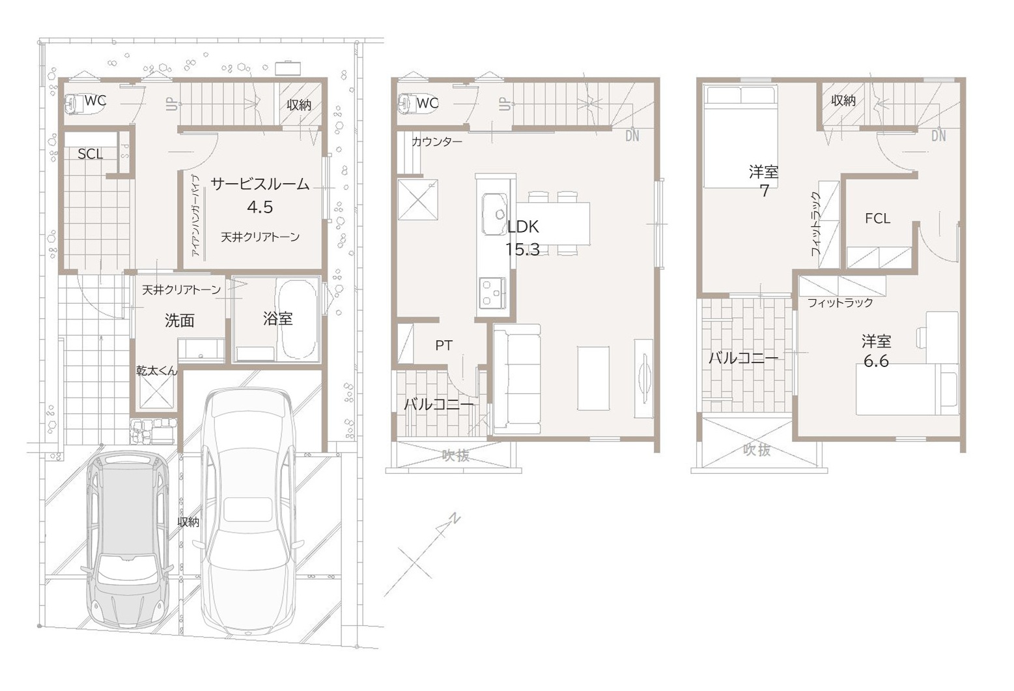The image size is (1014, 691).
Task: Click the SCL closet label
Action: click(x=90, y=154)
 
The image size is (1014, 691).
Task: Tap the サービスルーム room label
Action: click(x=260, y=184)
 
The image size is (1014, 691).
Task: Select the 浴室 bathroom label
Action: click(x=277, y=319)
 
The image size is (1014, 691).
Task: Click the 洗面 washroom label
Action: click(x=179, y=320)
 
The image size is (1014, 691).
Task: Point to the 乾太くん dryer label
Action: click(x=157, y=371)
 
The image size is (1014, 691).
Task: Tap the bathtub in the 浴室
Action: click(x=297, y=319)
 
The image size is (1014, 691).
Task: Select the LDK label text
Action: click(x=523, y=227)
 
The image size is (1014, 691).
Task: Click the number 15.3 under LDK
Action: click(x=522, y=249)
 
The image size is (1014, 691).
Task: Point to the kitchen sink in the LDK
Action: click(x=495, y=214)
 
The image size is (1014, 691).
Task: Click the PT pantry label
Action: click(x=444, y=345)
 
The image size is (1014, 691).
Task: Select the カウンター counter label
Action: click(x=437, y=142)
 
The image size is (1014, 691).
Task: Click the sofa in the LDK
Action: click(x=517, y=379)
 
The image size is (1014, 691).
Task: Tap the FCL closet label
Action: click(x=877, y=218)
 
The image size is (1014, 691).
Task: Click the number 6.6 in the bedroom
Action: click(x=876, y=361)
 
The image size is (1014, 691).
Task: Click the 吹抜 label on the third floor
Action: click(x=757, y=450)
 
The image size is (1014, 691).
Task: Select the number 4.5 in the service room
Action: click(x=260, y=207)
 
